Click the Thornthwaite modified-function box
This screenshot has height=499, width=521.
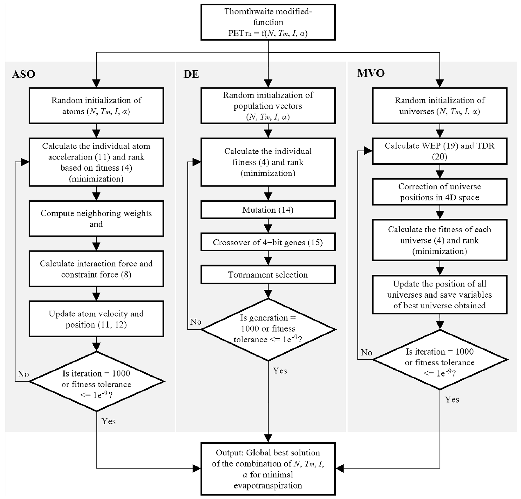pos(268,22)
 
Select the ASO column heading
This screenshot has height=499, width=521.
pos(23,74)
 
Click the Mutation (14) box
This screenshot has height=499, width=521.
pos(268,210)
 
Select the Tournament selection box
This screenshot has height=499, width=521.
pos(268,275)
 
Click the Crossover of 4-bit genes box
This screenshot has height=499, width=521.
pos(268,242)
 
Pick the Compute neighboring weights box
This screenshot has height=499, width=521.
pos(96,218)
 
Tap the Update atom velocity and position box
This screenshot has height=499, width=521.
pos(96,319)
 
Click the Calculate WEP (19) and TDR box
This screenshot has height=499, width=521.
pos(440,151)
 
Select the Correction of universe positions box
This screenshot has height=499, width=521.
pos(440,192)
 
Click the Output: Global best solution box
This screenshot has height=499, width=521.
pos(268,469)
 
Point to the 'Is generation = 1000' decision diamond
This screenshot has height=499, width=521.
pos(268,329)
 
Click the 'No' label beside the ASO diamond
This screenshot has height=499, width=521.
pos(23,374)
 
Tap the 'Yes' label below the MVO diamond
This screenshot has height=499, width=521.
pos(452,400)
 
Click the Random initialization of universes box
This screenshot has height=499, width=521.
pos(440,106)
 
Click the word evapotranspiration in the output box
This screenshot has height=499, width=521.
pos(268,485)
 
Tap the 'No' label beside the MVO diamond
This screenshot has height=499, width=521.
pos(366,353)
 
